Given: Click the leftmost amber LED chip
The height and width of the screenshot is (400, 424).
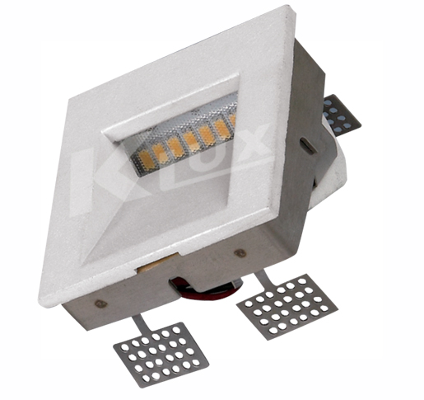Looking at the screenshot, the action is pyautogui.click(x=147, y=158).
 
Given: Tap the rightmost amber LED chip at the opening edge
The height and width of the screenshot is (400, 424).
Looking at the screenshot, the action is pyautogui.click(x=233, y=120).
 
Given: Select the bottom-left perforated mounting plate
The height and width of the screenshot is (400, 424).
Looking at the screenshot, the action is pyautogui.click(x=161, y=353).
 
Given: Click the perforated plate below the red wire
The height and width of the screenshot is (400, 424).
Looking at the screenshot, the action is pyautogui.click(x=287, y=306).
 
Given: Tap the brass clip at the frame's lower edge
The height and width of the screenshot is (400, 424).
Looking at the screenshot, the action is pyautogui.click(x=156, y=263).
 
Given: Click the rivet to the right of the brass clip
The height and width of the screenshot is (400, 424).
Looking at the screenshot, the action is pyautogui.click(x=240, y=252).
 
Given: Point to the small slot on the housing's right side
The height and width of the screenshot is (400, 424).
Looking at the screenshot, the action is pyautogui.click(x=307, y=144).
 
